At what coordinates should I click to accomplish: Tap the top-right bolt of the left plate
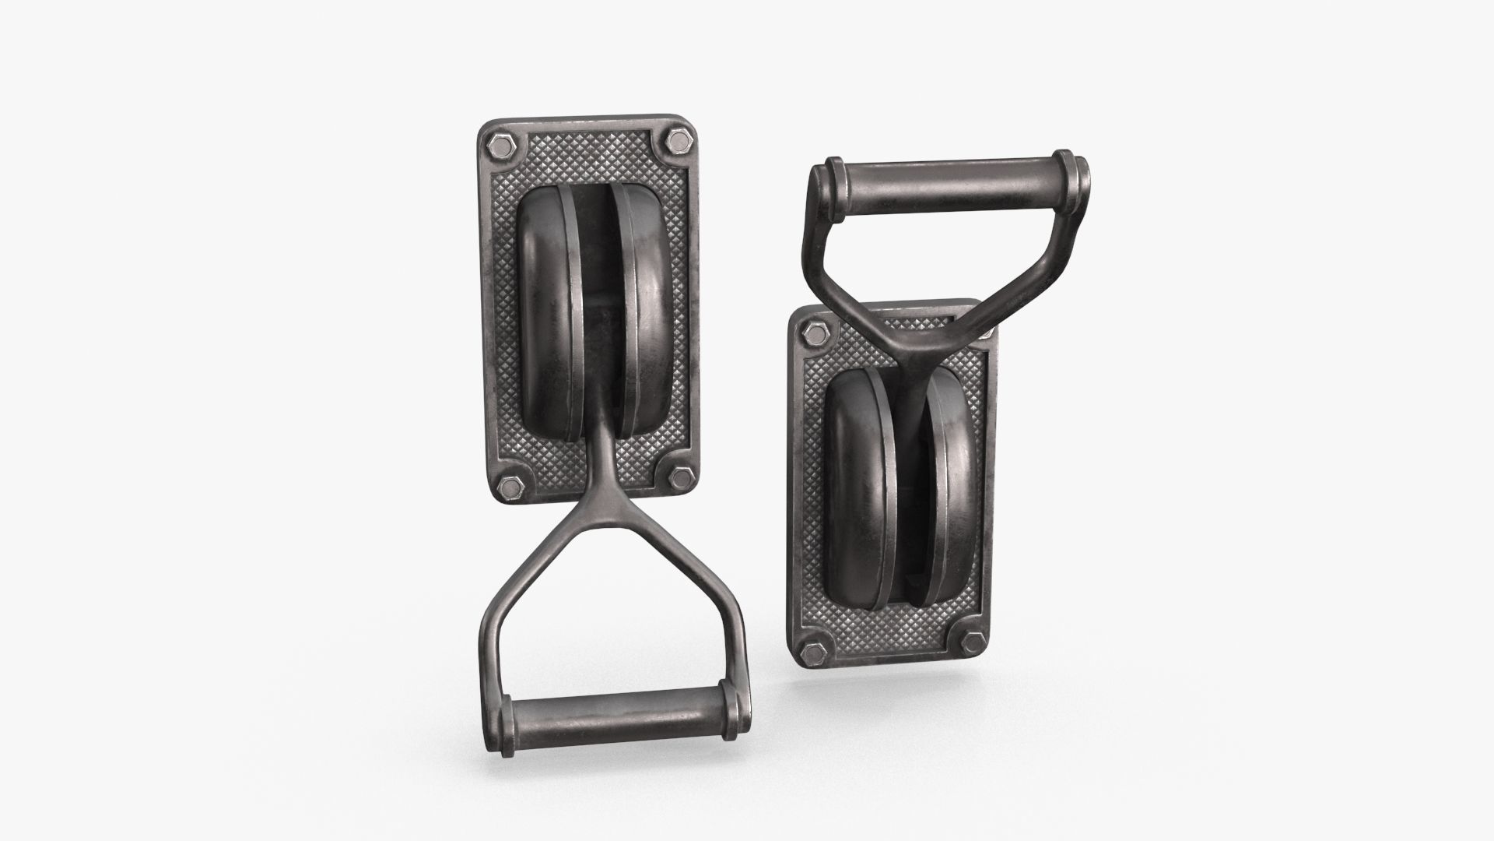(x=675, y=143)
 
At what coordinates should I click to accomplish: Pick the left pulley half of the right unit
(x=857, y=467)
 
